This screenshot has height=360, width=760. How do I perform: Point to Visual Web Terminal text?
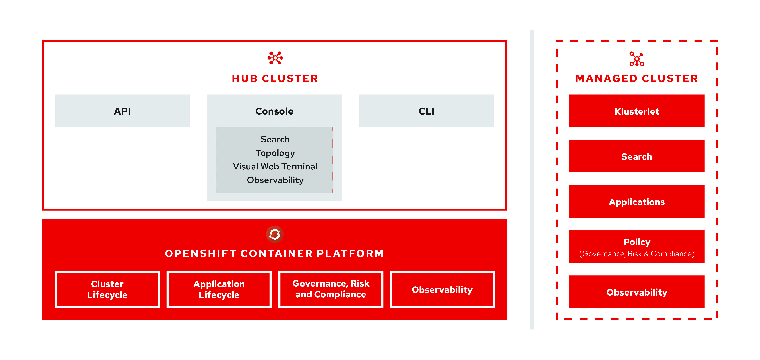(x=275, y=166)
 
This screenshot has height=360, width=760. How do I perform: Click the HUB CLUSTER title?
(x=275, y=78)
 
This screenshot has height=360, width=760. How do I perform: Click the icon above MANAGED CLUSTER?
(x=637, y=59)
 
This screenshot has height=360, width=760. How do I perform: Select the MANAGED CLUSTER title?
(x=637, y=78)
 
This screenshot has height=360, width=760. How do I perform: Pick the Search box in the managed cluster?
(x=637, y=156)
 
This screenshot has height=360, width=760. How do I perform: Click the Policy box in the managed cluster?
(x=637, y=247)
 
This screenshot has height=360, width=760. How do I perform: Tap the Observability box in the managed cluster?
(x=637, y=292)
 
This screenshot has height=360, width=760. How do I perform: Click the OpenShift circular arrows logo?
(x=275, y=234)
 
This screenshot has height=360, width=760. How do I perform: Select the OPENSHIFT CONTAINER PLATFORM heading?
(x=274, y=253)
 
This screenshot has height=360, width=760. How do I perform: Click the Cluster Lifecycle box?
(x=107, y=289)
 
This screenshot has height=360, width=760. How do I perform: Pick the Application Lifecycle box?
(x=219, y=289)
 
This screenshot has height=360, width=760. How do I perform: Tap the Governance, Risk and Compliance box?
(x=331, y=289)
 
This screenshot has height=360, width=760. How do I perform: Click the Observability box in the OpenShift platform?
(x=442, y=289)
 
